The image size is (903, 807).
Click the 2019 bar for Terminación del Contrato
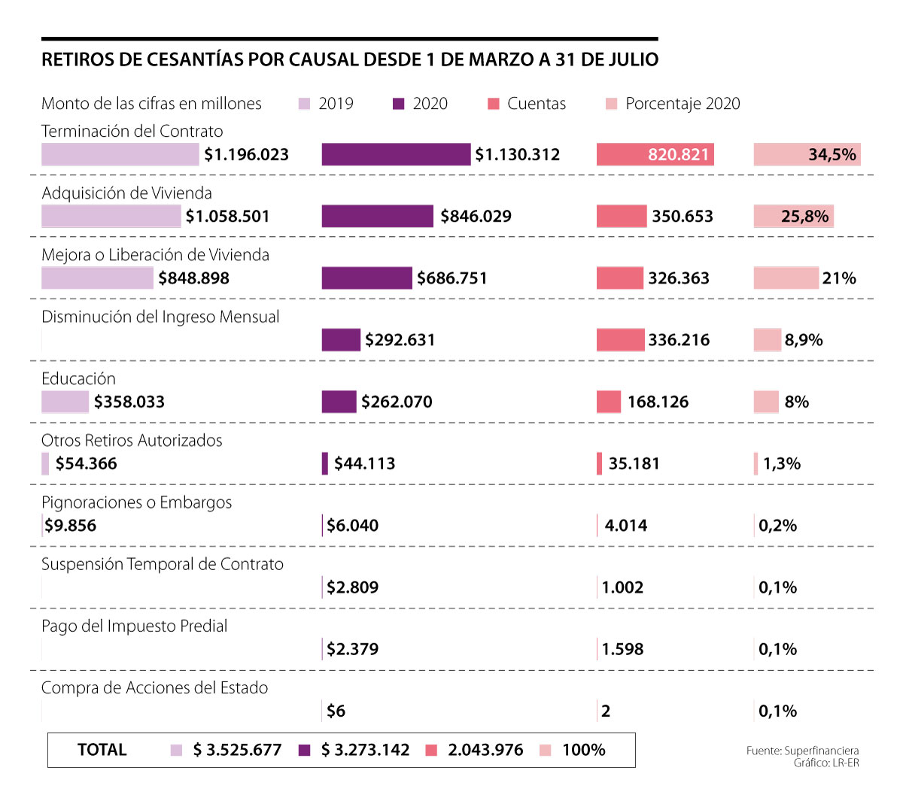[x=120, y=154]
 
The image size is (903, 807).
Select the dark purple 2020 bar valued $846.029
[x=378, y=216]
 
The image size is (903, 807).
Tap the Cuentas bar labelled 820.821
[x=655, y=154]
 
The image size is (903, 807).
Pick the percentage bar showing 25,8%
[x=793, y=216]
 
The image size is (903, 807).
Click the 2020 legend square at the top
[x=399, y=104]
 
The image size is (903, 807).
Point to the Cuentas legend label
[x=536, y=104]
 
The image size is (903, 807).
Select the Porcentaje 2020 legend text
[x=683, y=104]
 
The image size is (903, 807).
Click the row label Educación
[x=78, y=378]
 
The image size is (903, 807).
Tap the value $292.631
[x=400, y=340]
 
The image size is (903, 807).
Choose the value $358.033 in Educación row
[x=129, y=402]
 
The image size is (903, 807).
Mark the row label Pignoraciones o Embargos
[x=136, y=502]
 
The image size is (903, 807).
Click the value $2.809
[x=352, y=587]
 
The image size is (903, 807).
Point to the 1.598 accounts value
[x=622, y=649]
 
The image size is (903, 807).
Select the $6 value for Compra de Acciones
[x=336, y=711]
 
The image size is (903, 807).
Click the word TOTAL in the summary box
[x=102, y=750]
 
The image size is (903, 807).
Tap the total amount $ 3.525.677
[x=237, y=750]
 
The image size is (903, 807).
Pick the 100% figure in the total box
[x=583, y=750]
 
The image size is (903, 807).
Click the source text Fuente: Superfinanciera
[x=802, y=751]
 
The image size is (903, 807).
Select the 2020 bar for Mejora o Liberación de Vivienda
[x=366, y=278]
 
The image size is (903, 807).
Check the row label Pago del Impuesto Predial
[x=134, y=626]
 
